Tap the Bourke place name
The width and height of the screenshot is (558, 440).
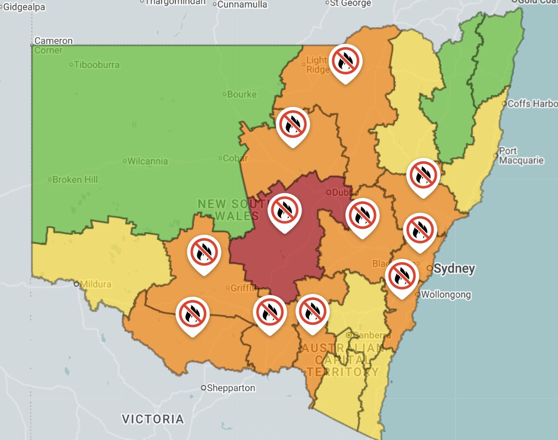(x=241, y=94)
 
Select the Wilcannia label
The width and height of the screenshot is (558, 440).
(x=148, y=161)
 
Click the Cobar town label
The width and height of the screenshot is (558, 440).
(x=235, y=159)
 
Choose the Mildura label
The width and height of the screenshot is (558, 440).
(x=95, y=284)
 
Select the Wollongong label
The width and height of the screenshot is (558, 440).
(x=446, y=295)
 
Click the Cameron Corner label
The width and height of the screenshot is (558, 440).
(x=53, y=46)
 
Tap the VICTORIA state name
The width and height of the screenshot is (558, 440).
(x=152, y=419)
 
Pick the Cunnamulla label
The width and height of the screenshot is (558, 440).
(x=242, y=5)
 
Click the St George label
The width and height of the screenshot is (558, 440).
(x=350, y=3)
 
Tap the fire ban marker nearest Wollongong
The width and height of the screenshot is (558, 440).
(x=402, y=277)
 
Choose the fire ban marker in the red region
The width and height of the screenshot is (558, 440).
(x=284, y=211)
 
